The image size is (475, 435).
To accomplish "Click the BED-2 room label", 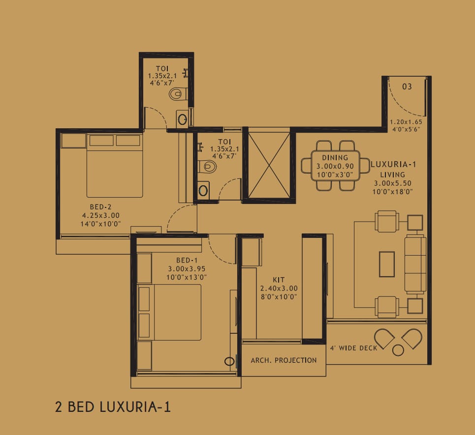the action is [x=100, y=207].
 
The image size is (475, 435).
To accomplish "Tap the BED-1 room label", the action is [x=187, y=260].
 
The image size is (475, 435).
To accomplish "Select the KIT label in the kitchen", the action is [x=279, y=280].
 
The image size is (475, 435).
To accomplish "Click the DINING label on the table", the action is [x=335, y=158].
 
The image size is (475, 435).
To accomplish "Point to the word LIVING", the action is [x=393, y=174].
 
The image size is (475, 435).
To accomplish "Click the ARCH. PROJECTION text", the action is [x=284, y=360].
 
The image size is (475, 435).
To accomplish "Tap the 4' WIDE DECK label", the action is [x=353, y=348].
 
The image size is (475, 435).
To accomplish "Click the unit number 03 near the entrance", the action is [x=407, y=87].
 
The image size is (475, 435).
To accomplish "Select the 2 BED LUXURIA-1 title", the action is [x=113, y=407].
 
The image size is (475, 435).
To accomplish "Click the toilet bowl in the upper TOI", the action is [x=178, y=94].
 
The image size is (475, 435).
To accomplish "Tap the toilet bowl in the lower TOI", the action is [x=208, y=166].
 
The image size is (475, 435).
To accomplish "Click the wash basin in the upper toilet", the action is [x=182, y=119].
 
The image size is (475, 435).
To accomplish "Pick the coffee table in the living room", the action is [x=387, y=264].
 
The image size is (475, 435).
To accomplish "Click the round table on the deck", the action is [x=398, y=350].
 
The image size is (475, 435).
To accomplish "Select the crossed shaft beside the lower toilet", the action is [x=269, y=165].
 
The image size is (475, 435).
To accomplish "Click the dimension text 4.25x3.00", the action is [x=100, y=215].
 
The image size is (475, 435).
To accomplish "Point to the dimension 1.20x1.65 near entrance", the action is [x=406, y=122].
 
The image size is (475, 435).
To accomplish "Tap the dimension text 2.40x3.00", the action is [x=279, y=289].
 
